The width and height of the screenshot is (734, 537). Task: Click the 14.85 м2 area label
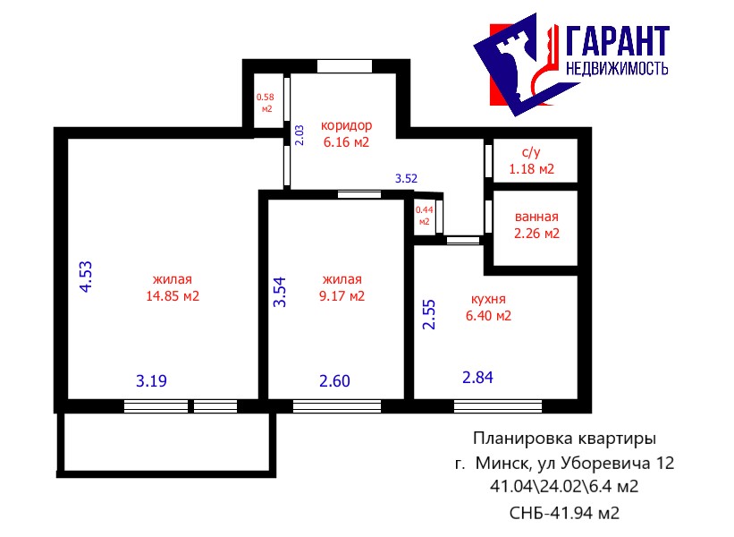(173, 296)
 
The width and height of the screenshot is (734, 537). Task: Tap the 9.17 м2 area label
(342, 296)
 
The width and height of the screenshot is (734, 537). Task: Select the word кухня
(488, 299)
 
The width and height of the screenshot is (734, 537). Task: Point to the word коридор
(346, 125)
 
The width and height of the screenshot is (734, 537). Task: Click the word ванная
(536, 217)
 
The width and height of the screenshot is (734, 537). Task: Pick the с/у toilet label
(531, 152)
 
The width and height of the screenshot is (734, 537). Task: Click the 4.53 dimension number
(86, 277)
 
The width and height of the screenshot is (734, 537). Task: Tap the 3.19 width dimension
(151, 381)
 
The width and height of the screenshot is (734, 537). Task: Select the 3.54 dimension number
(280, 292)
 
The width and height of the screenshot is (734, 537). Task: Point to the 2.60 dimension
(334, 381)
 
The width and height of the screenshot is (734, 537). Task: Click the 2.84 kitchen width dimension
(478, 377)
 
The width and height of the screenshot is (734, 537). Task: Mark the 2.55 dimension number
(429, 314)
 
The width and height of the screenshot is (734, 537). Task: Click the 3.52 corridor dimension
(406, 178)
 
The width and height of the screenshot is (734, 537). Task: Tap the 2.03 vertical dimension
(300, 135)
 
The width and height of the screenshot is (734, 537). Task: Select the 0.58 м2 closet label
(266, 103)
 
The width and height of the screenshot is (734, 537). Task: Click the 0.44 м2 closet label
(424, 216)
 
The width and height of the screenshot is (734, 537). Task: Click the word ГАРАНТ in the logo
(618, 41)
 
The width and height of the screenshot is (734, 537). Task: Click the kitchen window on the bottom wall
(498, 405)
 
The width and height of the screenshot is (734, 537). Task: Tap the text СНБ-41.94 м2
(564, 513)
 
